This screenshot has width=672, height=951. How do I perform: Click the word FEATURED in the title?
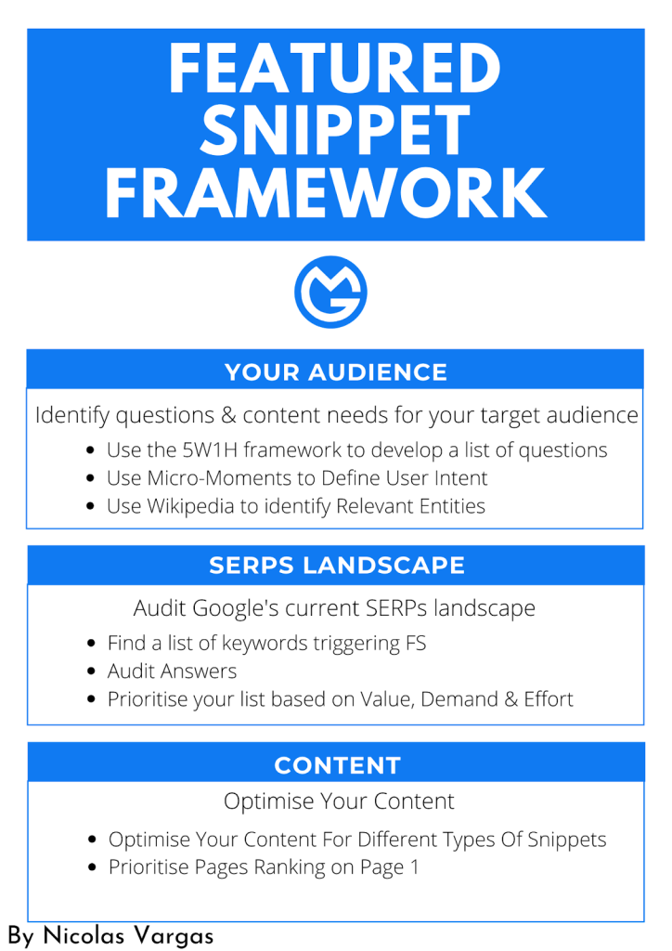(334, 68)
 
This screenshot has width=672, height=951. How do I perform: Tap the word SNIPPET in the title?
(335, 129)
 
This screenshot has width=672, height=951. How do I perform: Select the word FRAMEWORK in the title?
(326, 192)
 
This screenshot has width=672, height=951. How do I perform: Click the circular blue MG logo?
(330, 292)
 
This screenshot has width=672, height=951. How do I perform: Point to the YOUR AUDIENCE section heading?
(336, 372)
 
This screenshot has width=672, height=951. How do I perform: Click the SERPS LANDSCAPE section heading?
(337, 566)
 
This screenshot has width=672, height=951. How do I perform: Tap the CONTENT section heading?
(338, 765)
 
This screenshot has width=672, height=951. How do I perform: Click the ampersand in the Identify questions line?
(228, 415)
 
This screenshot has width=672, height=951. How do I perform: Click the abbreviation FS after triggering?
(417, 643)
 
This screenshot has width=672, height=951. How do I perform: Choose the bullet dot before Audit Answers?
(91, 671)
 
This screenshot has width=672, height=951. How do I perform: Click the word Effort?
(549, 699)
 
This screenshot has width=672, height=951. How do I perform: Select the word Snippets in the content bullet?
(566, 840)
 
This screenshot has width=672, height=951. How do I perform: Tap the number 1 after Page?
(415, 867)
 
